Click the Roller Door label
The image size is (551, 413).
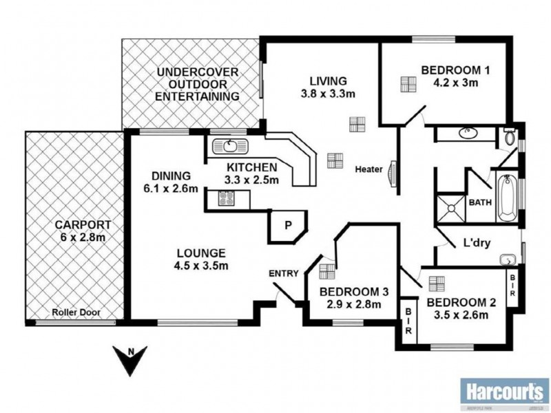point(76,313)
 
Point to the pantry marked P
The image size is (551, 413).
point(287,225)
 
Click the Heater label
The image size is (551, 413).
point(368,169)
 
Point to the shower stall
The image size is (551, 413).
point(449,207)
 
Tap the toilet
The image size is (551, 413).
point(509,136)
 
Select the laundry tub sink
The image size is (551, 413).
point(508,261)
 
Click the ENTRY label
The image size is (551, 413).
point(284,273)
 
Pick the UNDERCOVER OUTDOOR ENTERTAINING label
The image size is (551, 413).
point(197,84)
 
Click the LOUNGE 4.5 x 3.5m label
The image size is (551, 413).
point(200,259)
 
